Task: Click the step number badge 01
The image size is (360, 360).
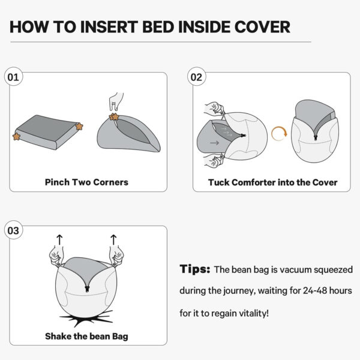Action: [13, 77]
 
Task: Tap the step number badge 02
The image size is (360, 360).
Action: [196, 77]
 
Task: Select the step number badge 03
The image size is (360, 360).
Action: [13, 230]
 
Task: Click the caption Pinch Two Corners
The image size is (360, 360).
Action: [86, 181]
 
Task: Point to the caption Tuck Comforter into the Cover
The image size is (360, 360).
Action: [272, 182]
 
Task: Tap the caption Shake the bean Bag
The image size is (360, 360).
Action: [86, 336]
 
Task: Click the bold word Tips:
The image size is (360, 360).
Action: [194, 269]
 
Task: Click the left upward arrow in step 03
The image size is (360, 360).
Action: [59, 240]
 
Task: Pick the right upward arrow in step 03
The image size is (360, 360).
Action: [113, 240]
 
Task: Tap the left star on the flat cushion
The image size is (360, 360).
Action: [16, 136]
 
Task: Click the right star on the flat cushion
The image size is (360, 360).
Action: [79, 126]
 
